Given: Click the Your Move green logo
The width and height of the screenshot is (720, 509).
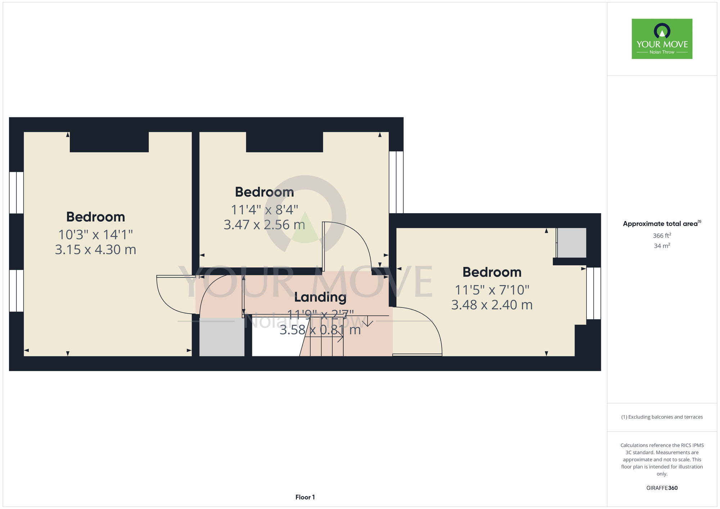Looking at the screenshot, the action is pos(662,39).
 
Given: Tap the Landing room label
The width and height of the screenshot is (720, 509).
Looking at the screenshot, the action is pos(320,297).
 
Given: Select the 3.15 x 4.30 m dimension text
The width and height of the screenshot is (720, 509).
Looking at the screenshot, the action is pos(95,249).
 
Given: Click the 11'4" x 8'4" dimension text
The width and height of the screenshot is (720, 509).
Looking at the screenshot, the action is pos(265,210).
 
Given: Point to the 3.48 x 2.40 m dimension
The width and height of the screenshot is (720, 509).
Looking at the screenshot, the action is pos(492,305).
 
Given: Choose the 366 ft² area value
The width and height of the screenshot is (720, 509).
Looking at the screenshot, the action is pos(662,235).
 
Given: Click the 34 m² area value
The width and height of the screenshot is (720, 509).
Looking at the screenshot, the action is pos(662,246).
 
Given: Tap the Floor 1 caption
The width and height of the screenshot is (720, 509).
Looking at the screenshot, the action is pos(305,497).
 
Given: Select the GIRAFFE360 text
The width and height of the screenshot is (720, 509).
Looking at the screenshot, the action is pos(662,488).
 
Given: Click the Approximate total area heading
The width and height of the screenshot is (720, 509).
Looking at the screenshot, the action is pos(662,224).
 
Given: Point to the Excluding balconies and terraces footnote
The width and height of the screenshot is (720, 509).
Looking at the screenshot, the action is pos(662,417).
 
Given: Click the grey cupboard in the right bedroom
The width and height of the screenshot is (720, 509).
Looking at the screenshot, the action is pos(572,243).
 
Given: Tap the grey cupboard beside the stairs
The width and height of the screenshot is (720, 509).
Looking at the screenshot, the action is pos(222,337).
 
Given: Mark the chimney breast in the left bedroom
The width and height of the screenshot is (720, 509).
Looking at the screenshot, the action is pos(109,142).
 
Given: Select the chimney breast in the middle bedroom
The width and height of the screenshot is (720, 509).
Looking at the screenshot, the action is pos(284,142).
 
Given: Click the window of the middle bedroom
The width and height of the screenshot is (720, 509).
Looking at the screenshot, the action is pos(396,182).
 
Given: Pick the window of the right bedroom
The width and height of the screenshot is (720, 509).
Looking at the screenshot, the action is pos(594,293).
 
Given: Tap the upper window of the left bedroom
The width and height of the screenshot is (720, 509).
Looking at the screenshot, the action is pos(16,193).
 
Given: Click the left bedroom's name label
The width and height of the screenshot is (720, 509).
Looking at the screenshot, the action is pos(95,217).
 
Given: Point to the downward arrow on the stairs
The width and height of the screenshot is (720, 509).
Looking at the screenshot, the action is pos(368,321).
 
